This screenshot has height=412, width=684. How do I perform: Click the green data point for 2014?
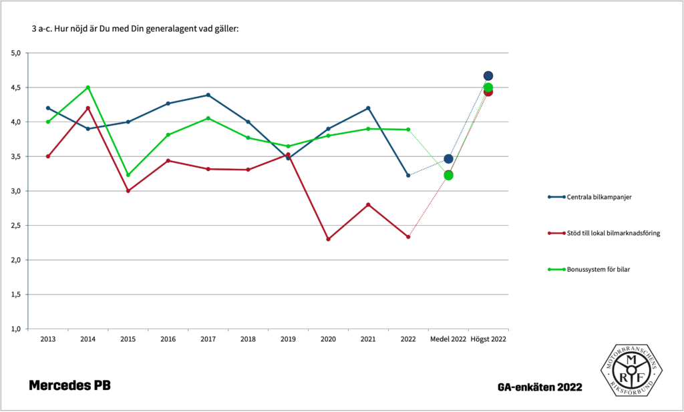click(x=88, y=87)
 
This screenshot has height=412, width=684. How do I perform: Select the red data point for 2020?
click(x=328, y=239)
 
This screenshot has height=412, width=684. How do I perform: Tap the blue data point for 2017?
click(x=208, y=95)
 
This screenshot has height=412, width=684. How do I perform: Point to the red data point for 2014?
click(x=88, y=108)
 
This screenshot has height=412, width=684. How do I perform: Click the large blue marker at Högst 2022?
click(x=488, y=76)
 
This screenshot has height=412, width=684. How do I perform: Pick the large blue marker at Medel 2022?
click(x=448, y=159)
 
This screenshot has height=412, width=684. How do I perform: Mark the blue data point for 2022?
click(x=408, y=176)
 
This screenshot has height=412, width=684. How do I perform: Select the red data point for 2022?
click(x=408, y=237)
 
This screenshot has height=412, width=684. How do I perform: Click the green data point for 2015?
click(x=128, y=175)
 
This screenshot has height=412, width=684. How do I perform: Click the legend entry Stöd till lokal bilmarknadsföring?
click(x=614, y=233)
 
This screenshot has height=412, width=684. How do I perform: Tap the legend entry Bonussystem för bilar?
click(x=598, y=269)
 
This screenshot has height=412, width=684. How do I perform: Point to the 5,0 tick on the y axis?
click(x=17, y=53)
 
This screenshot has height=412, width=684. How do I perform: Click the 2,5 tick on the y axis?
click(x=17, y=226)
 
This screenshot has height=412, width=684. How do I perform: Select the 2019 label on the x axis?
click(x=288, y=339)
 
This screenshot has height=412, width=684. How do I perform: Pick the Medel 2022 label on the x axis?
click(x=448, y=339)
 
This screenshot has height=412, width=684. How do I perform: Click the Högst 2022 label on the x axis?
click(x=488, y=339)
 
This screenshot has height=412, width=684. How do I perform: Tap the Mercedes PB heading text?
click(x=69, y=386)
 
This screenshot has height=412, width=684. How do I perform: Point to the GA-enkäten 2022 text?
click(x=540, y=387)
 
